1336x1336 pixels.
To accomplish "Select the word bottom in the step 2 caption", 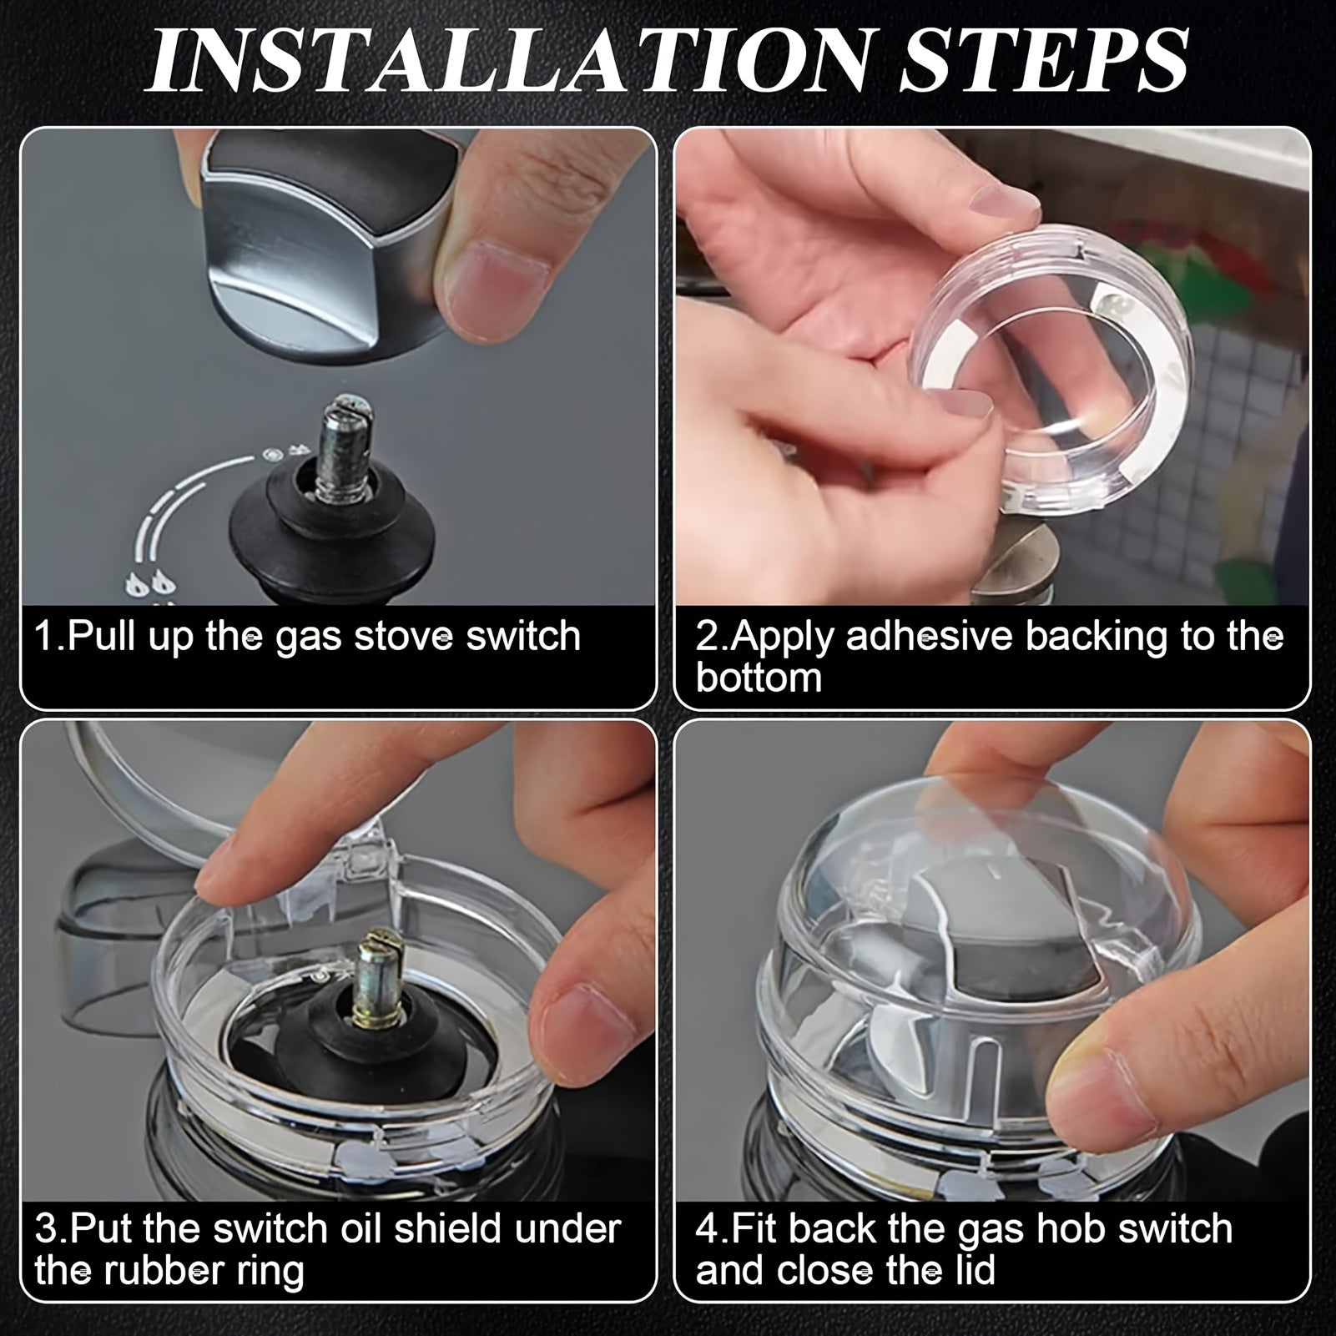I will (x=759, y=678).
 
